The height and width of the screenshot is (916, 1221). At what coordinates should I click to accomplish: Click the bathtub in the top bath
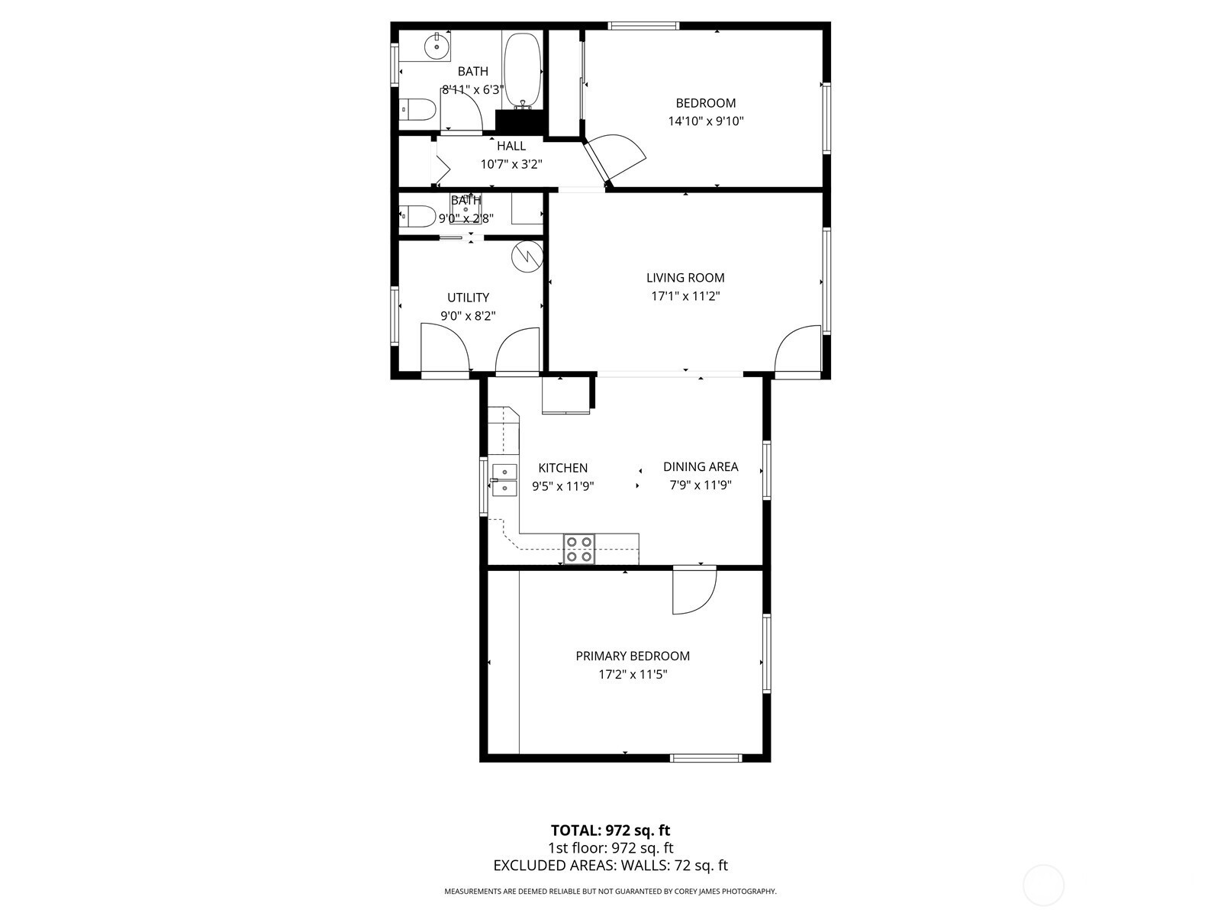pyautogui.click(x=522, y=70)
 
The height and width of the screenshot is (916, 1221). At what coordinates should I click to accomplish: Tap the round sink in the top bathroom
pyautogui.click(x=437, y=45)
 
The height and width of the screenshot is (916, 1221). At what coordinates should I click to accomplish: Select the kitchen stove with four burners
pyautogui.click(x=579, y=548)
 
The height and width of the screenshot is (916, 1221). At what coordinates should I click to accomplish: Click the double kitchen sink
pyautogui.click(x=504, y=479)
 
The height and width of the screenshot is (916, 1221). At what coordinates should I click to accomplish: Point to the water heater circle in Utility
pyautogui.click(x=527, y=256)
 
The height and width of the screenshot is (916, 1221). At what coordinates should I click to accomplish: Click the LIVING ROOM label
pyautogui.click(x=685, y=278)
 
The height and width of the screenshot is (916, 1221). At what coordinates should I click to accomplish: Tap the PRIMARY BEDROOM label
pyautogui.click(x=633, y=656)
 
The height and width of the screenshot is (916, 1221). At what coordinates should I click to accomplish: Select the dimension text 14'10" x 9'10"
pyautogui.click(x=705, y=121)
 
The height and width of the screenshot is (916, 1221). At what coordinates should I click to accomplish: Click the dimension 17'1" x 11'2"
pyautogui.click(x=685, y=296)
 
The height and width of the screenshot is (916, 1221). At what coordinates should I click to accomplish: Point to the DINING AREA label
pyautogui.click(x=701, y=466)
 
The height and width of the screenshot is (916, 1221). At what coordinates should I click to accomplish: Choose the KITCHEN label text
pyautogui.click(x=563, y=468)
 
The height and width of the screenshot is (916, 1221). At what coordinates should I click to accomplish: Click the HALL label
pyautogui.click(x=511, y=146)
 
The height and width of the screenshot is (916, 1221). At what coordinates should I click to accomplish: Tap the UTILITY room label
pyautogui.click(x=469, y=298)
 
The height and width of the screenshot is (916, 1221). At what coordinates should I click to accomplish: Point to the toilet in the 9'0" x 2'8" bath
pyautogui.click(x=417, y=216)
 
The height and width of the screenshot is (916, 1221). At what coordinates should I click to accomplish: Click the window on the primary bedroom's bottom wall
pyautogui.click(x=706, y=757)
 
